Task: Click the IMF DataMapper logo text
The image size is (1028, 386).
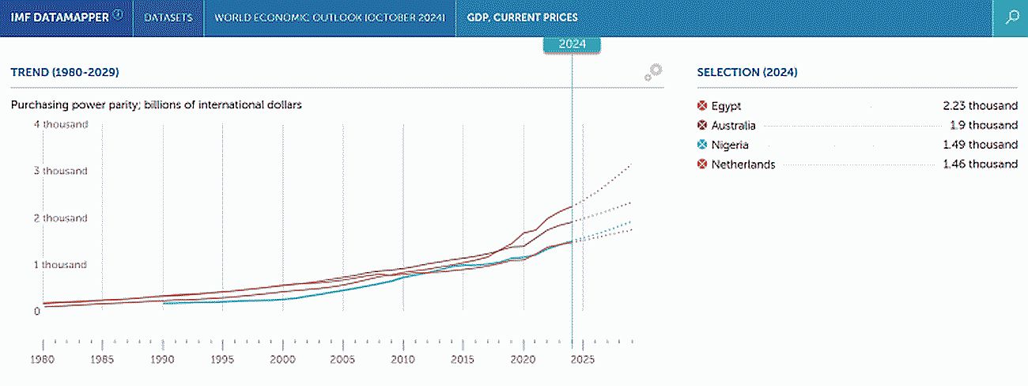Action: pyautogui.click(x=59, y=17)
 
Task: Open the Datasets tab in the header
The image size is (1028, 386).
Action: pyautogui.click(x=168, y=17)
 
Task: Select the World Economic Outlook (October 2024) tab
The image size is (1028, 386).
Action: pyautogui.click(x=330, y=17)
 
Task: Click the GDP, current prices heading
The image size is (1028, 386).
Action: pyautogui.click(x=522, y=17)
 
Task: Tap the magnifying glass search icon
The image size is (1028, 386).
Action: pyautogui.click(x=1012, y=17)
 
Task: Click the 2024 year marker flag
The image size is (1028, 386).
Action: pyautogui.click(x=572, y=44)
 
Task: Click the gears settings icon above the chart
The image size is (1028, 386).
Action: pyautogui.click(x=653, y=72)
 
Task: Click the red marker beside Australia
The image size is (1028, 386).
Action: pyautogui.click(x=701, y=125)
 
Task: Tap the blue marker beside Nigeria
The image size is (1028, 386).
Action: pyautogui.click(x=701, y=145)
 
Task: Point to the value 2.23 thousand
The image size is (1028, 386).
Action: pyautogui.click(x=981, y=105)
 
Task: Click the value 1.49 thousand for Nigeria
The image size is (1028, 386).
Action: pyautogui.click(x=981, y=145)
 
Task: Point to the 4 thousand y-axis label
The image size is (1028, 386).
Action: pyautogui.click(x=61, y=124)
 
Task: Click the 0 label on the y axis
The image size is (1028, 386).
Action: pyautogui.click(x=36, y=311)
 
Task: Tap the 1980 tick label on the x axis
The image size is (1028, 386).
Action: pyautogui.click(x=42, y=359)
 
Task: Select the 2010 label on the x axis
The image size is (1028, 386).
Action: pyautogui.click(x=403, y=359)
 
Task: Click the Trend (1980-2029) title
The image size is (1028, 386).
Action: pyautogui.click(x=65, y=72)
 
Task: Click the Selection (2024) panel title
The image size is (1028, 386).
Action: pyautogui.click(x=747, y=72)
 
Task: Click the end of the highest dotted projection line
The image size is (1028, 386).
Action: pyautogui.click(x=632, y=163)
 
